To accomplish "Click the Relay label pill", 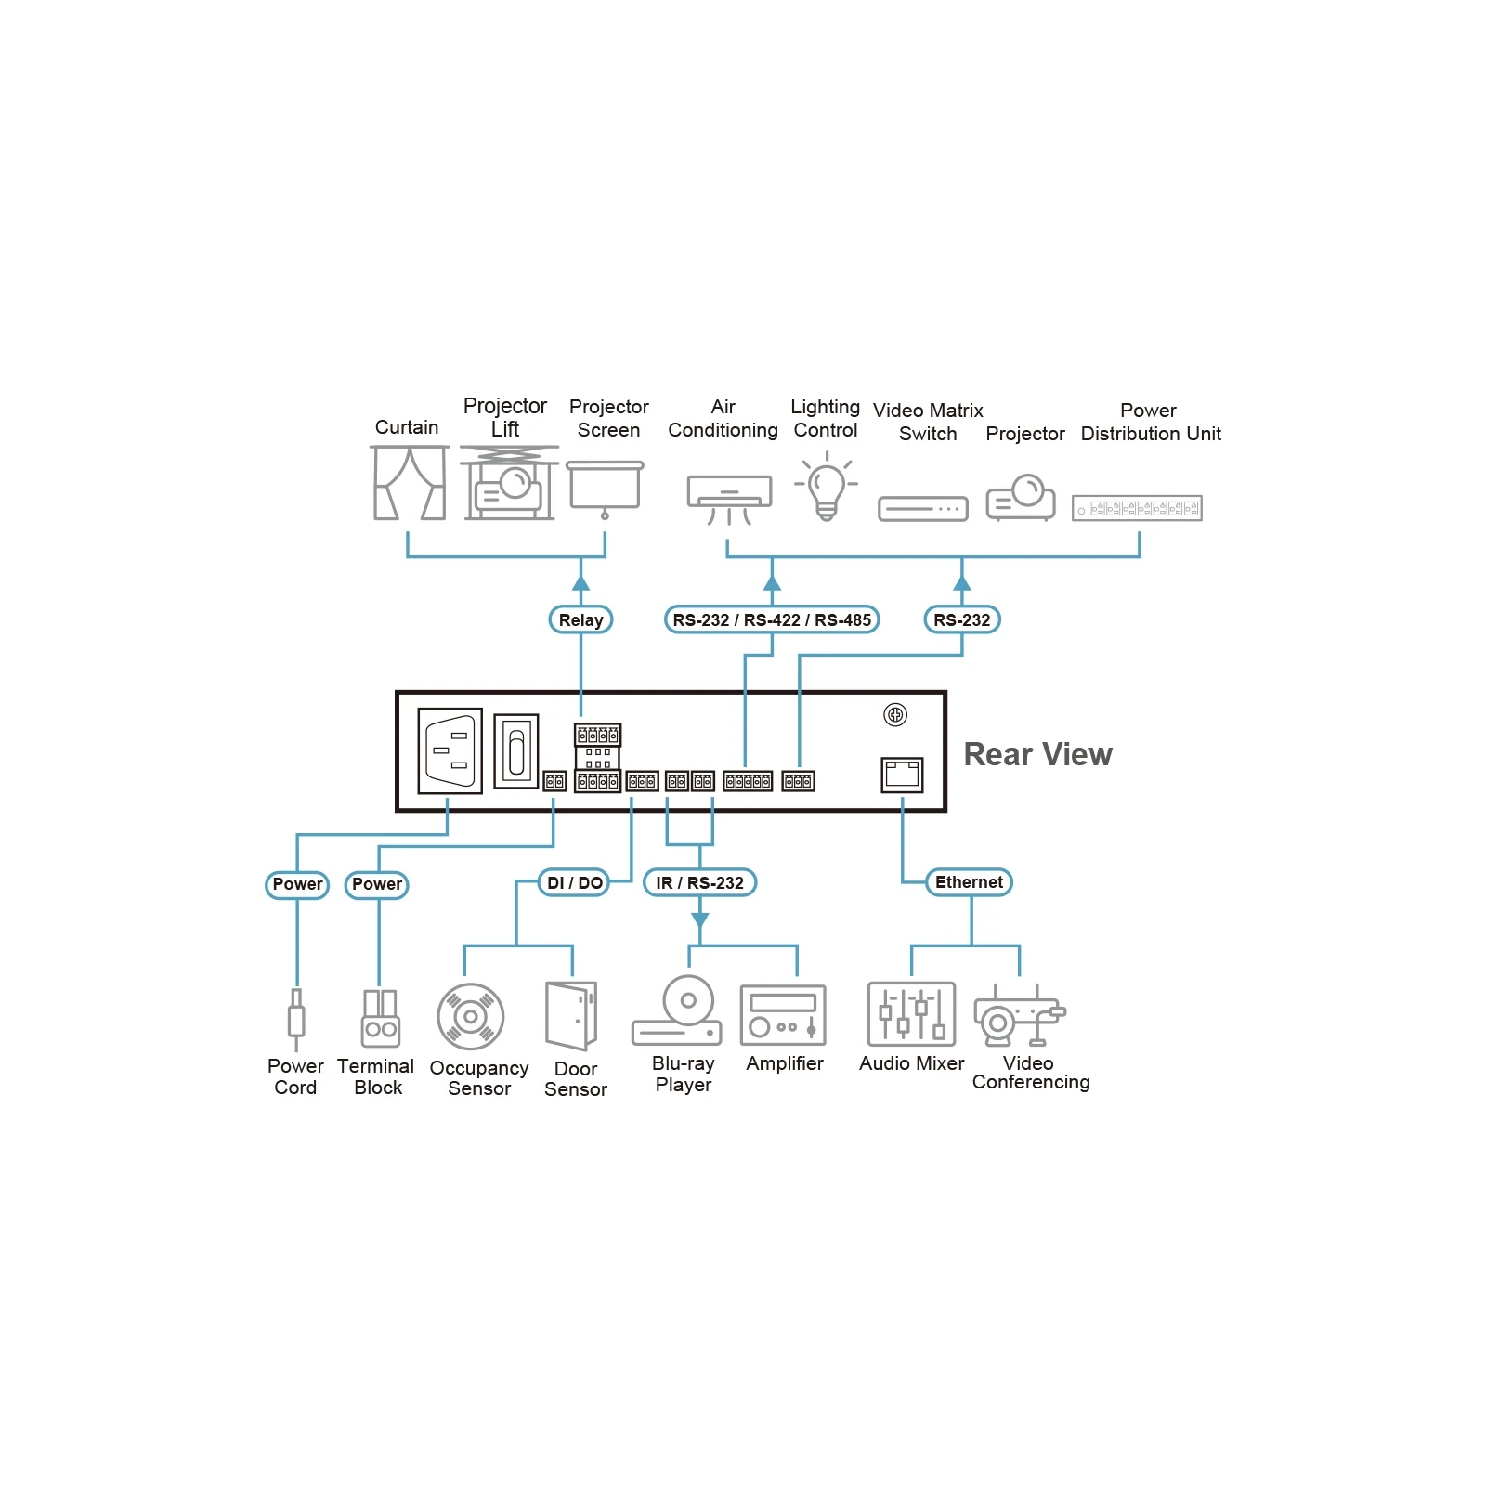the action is pyautogui.click(x=580, y=619).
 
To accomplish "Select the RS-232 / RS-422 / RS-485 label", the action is pyautogui.click(x=772, y=619).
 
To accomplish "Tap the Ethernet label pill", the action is pyautogui.click(x=969, y=882).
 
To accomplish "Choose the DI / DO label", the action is pyautogui.click(x=574, y=882).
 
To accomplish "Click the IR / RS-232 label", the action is pyautogui.click(x=699, y=882).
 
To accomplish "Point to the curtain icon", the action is pyautogui.click(x=410, y=482).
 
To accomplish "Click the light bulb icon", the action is pyautogui.click(x=826, y=487).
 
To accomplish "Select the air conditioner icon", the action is pyautogui.click(x=729, y=500).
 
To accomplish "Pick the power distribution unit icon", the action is pyautogui.click(x=1137, y=508).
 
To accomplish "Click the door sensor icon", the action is pyautogui.click(x=571, y=1016).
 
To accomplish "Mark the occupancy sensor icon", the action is pyautogui.click(x=471, y=1017).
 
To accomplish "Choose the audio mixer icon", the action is pyautogui.click(x=911, y=1014).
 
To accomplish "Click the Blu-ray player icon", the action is pyautogui.click(x=678, y=1011).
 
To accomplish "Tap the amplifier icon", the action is pyautogui.click(x=783, y=1015).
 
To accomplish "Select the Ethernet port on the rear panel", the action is pyautogui.click(x=902, y=775).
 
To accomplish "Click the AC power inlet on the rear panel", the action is pyautogui.click(x=450, y=750).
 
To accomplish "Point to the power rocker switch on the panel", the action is pyautogui.click(x=516, y=750).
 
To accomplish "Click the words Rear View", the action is pyautogui.click(x=1037, y=754).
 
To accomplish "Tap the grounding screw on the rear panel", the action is pyautogui.click(x=895, y=714).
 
